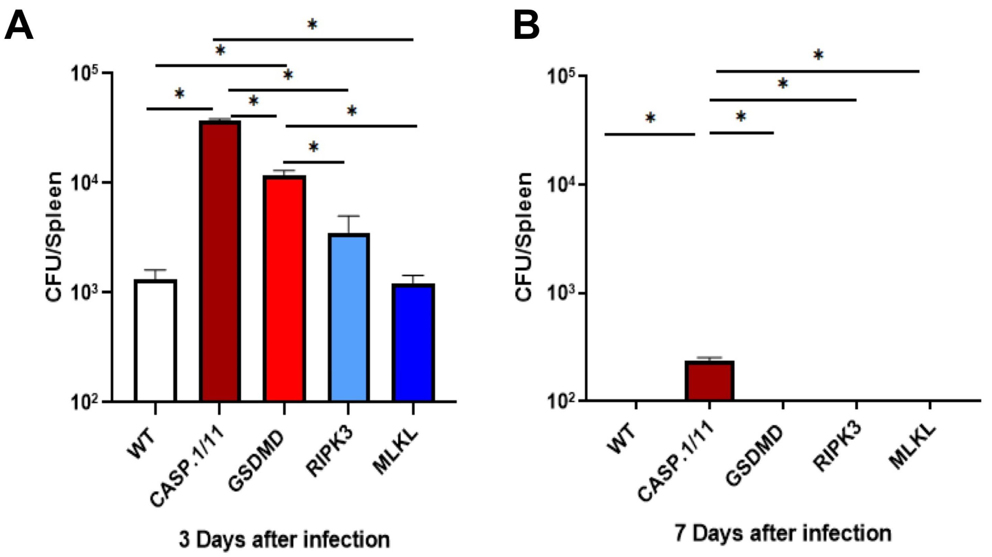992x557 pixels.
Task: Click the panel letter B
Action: tap(527, 26)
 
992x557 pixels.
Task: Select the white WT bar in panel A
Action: tap(156, 341)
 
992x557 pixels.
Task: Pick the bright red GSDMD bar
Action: tap(284, 289)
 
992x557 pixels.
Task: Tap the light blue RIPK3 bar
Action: tap(349, 318)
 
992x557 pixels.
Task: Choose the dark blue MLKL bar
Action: tap(413, 343)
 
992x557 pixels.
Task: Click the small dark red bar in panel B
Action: tap(709, 381)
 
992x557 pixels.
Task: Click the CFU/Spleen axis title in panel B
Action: tap(523, 237)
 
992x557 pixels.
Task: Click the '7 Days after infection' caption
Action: tap(783, 534)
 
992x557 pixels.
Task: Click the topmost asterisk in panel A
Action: tap(312, 25)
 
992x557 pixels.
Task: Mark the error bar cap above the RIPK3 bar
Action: tap(349, 216)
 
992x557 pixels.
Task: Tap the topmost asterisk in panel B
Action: tap(818, 55)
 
